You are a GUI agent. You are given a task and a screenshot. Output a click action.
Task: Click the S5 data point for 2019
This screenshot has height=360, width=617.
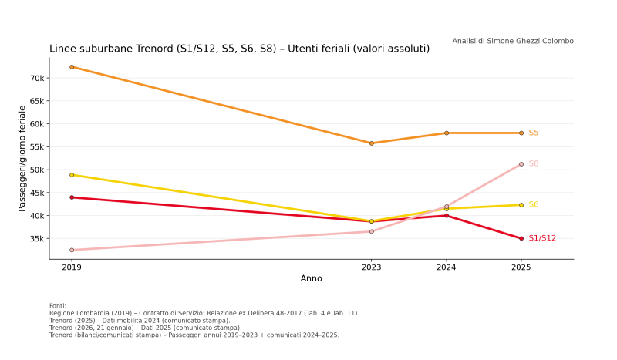[x=72, y=67]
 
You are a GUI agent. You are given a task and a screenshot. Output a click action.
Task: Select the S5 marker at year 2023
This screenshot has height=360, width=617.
[x=372, y=143]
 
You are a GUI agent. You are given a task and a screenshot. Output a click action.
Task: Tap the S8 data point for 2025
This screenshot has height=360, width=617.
[x=521, y=164]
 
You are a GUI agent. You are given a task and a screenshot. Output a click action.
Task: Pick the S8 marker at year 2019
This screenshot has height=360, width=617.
[x=72, y=250]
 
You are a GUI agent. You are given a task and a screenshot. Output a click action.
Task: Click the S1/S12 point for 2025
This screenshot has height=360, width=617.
[x=521, y=238]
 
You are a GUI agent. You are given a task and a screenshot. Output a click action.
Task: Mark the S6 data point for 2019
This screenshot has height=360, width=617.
[x=72, y=175]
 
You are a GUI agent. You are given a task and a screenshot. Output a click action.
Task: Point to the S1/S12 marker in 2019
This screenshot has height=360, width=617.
[x=72, y=197]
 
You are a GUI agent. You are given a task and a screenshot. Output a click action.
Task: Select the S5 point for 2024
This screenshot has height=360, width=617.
[x=447, y=133]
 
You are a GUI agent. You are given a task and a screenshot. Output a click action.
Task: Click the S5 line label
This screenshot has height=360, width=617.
[x=534, y=133]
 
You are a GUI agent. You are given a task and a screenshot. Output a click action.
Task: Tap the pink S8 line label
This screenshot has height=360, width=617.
[x=534, y=164]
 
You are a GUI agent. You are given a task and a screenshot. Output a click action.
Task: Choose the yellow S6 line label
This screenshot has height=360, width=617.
[x=534, y=205]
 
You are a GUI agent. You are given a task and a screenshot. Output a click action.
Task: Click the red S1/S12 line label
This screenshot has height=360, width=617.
[x=542, y=238]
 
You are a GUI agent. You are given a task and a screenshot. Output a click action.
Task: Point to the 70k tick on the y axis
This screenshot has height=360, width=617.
[x=36, y=78]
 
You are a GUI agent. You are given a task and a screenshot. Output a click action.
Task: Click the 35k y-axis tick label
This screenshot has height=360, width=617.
[x=36, y=238]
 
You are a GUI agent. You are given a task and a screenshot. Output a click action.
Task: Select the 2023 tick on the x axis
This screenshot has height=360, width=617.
[x=372, y=267]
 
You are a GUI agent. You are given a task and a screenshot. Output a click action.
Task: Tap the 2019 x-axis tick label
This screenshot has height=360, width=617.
[x=72, y=267]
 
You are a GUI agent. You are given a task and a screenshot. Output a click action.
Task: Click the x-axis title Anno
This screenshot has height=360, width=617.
[x=312, y=278]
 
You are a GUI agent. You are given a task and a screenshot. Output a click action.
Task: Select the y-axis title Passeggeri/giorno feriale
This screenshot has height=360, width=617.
[x=22, y=158]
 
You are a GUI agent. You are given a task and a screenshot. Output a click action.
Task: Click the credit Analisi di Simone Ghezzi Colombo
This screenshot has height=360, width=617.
[x=513, y=41]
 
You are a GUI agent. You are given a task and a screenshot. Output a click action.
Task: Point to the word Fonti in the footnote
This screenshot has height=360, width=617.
[x=58, y=306]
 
